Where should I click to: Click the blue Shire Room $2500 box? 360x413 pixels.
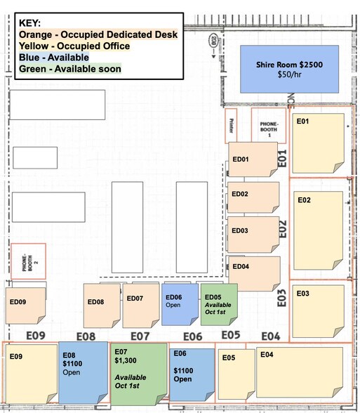tap(288, 69)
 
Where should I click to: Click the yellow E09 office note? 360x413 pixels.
tap(32, 372)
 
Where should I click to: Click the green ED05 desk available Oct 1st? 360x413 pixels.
tap(219, 303)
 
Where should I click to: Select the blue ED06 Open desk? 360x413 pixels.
tap(180, 303)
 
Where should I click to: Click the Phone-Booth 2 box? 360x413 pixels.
tap(28, 261)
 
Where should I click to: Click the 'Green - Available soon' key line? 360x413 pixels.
tap(70, 69)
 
